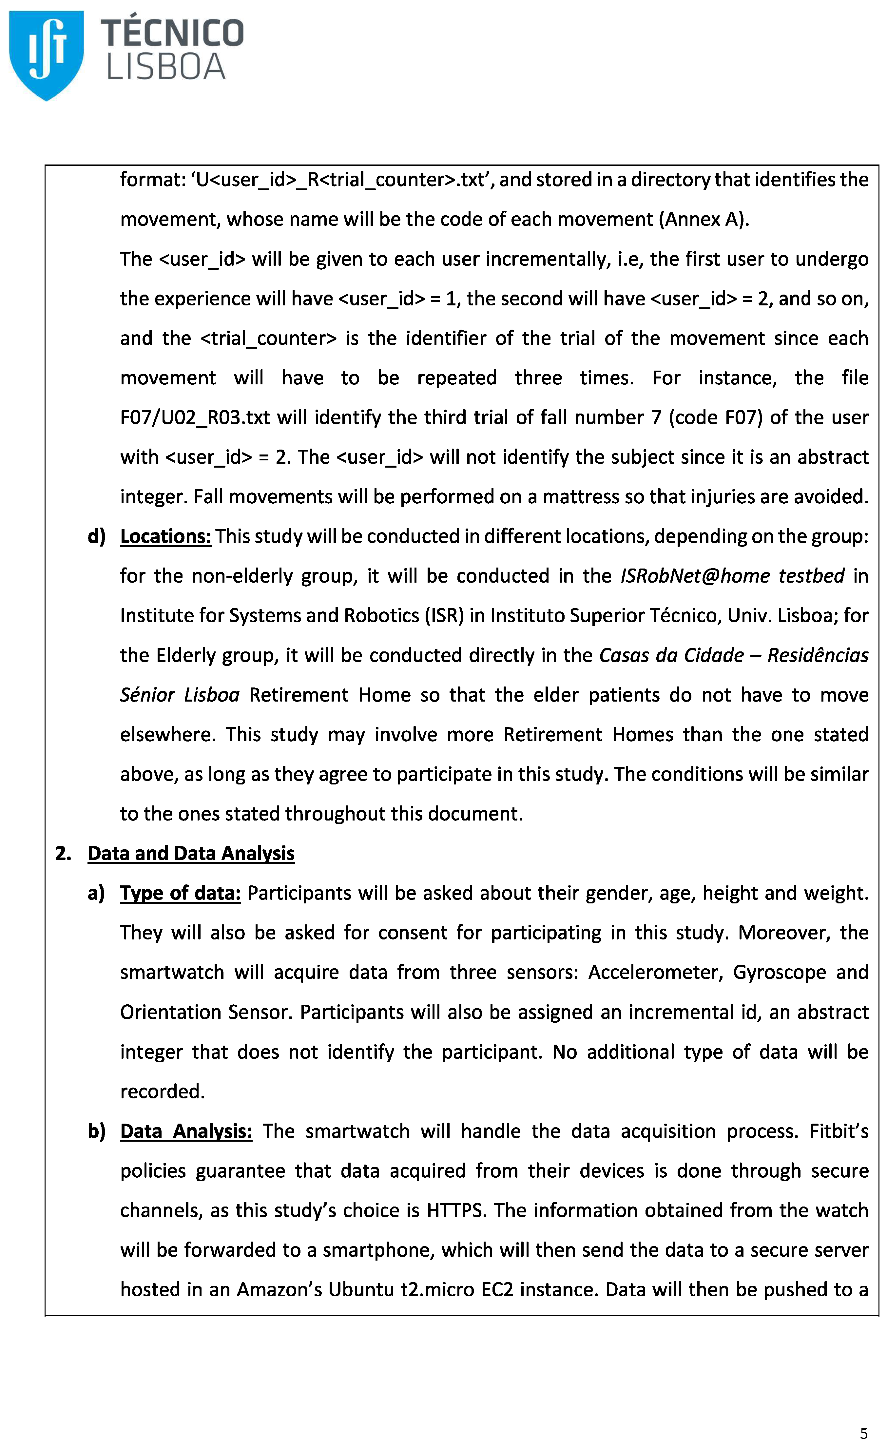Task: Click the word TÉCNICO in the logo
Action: [x=172, y=33]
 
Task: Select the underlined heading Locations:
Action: [x=165, y=536]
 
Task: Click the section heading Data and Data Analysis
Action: [x=191, y=853]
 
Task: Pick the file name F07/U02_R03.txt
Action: [x=195, y=417]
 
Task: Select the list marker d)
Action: [x=96, y=536]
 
